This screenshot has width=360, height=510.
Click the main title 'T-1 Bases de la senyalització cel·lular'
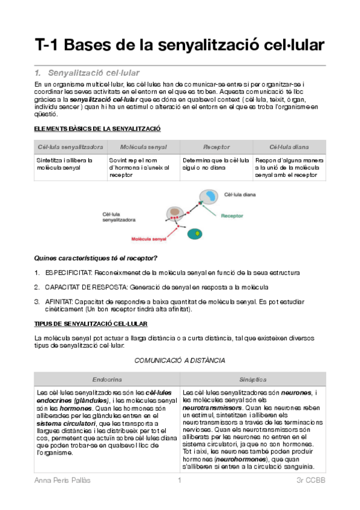[x=179, y=45]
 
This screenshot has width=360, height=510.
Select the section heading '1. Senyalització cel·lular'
[x=87, y=73]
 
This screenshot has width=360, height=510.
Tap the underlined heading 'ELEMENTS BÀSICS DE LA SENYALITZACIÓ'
[x=97, y=129]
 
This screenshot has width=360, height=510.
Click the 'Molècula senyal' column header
[x=143, y=147]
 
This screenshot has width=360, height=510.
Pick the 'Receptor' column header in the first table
[x=216, y=147]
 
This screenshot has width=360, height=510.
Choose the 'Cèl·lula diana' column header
[x=289, y=147]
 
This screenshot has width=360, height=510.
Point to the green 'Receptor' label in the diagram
[x=232, y=216]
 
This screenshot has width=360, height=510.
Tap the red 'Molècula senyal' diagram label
[x=148, y=239]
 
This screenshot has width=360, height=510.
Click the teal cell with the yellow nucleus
[x=195, y=234]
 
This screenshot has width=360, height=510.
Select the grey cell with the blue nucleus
[x=209, y=197]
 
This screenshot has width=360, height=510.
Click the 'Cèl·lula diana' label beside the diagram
[x=240, y=194]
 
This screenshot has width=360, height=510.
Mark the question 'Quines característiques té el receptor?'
[x=96, y=258]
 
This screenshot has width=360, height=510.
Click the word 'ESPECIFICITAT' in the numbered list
[x=69, y=272]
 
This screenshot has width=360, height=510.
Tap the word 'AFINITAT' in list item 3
[x=59, y=302]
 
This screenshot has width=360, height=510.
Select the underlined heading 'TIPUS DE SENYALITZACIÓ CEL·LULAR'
[x=91, y=324]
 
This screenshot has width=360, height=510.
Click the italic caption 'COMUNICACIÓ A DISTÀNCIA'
[x=180, y=360]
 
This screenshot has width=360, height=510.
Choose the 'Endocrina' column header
[x=107, y=379]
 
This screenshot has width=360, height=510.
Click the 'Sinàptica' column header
[x=253, y=379]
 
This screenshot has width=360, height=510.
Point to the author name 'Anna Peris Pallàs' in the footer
[x=63, y=480]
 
